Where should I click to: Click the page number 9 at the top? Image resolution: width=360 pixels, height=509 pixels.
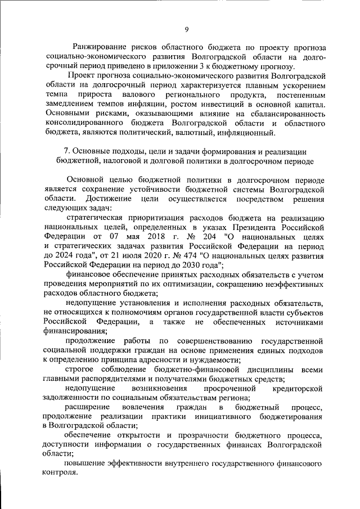click(x=186, y=29)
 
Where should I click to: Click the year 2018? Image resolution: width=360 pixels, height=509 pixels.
click(x=145, y=236)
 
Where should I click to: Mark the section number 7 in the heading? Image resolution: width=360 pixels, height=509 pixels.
click(x=66, y=151)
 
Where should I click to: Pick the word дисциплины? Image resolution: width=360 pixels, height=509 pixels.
click(x=258, y=370)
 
